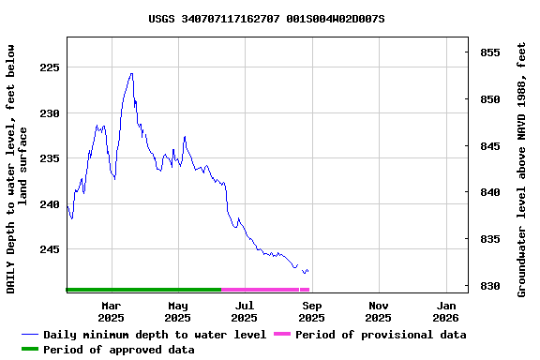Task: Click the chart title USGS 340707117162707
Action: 266,19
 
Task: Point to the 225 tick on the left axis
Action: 48,67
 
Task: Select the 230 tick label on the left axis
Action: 48,113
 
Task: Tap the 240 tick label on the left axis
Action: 48,204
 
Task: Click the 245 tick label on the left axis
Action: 48,249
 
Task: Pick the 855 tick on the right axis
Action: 489,52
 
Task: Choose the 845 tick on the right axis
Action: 489,146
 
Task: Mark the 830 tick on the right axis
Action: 489,286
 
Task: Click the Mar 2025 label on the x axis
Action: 111,311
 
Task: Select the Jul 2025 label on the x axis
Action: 245,311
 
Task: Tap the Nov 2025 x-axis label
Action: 379,311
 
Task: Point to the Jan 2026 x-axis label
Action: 446,311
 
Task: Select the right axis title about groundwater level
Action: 522,169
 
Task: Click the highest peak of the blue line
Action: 131,73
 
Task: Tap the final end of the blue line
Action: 307,271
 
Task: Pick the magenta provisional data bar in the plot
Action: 265,290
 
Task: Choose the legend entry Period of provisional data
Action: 380,335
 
